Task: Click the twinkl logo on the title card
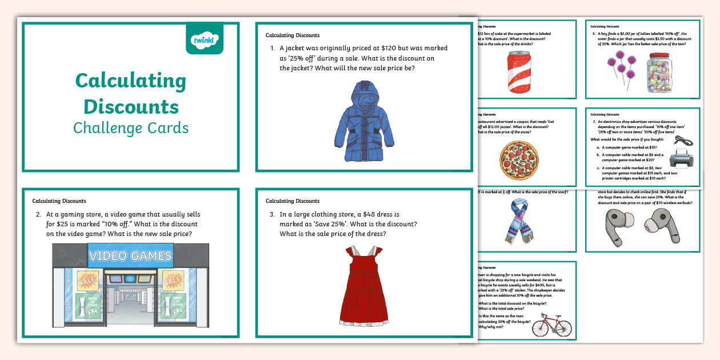pos(205,39)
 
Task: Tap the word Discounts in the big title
pos(131,106)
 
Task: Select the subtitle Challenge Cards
pos(131,127)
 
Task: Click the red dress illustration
pos(365,286)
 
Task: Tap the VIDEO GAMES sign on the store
pos(130,255)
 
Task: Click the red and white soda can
pos(518,72)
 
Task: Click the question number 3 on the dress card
pos(273,214)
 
